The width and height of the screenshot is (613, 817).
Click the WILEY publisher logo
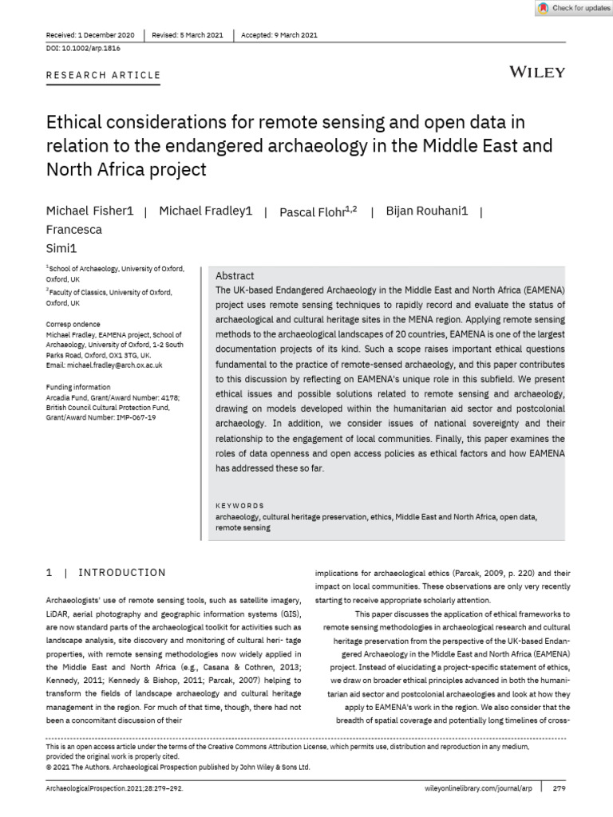click(537, 72)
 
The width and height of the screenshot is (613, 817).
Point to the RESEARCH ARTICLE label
click(103, 75)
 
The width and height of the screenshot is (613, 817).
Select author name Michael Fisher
click(89, 211)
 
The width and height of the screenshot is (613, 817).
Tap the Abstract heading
click(235, 275)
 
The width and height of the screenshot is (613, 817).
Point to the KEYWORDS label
click(239, 506)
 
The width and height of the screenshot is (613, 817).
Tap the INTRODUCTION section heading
click(122, 572)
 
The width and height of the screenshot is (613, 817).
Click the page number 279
click(559, 787)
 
